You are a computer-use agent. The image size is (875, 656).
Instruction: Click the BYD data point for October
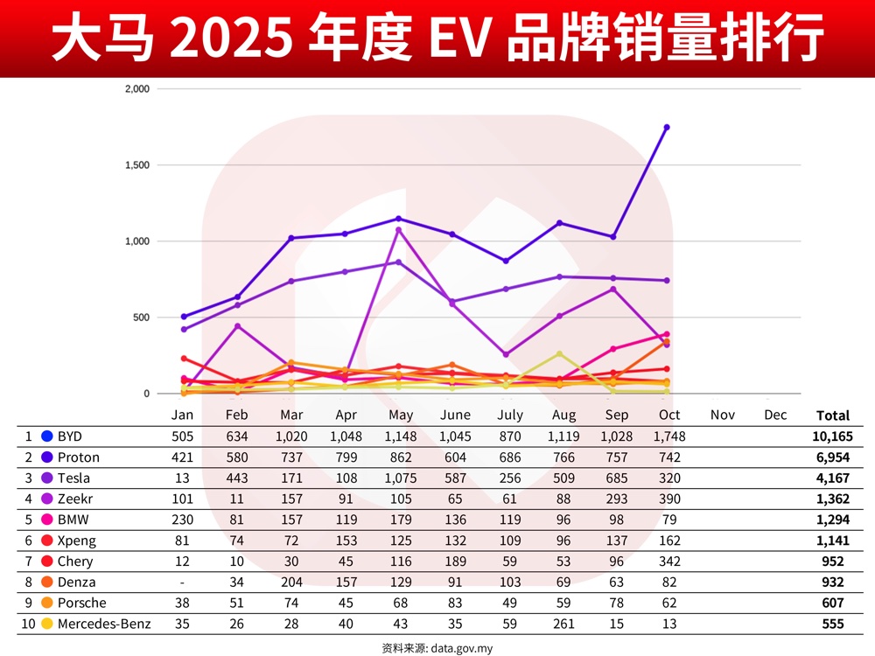click(x=667, y=127)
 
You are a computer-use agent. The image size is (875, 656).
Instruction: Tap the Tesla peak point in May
click(x=398, y=230)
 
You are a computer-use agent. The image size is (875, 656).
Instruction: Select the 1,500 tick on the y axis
click(x=136, y=165)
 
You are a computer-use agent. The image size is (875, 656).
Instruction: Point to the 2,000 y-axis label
click(x=136, y=89)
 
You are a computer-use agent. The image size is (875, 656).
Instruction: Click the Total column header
click(x=832, y=415)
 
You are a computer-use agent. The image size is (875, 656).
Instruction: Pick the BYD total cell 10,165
click(x=831, y=436)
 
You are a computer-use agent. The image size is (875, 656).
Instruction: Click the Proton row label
click(x=79, y=457)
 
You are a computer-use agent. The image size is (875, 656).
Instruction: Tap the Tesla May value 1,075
click(x=398, y=478)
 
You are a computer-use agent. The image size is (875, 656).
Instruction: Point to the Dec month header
click(x=775, y=415)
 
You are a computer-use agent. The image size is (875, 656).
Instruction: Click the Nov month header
click(x=722, y=415)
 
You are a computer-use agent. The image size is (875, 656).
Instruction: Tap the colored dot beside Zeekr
click(x=46, y=499)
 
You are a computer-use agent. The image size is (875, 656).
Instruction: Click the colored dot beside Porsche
click(x=46, y=603)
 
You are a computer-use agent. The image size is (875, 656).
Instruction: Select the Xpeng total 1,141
click(x=832, y=541)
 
